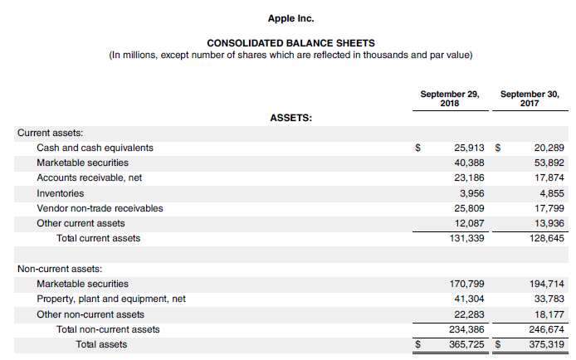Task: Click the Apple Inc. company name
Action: pos(290,17)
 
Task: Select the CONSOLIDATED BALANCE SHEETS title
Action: pos(290,43)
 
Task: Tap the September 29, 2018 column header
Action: pos(449,99)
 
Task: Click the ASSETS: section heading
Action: pos(291,118)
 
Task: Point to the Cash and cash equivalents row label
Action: pos(95,148)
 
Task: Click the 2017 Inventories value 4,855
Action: pos(549,193)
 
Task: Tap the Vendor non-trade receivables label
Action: pos(100,208)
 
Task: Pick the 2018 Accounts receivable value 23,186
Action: pos(468,178)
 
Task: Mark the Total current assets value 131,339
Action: pos(466,239)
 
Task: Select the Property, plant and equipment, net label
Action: pos(110,299)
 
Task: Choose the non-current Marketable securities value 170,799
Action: pos(466,284)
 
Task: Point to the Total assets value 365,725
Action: pos(466,344)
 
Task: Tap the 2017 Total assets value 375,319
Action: pos(546,344)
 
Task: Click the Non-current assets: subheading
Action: pos(60,269)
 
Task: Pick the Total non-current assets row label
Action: pos(108,329)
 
